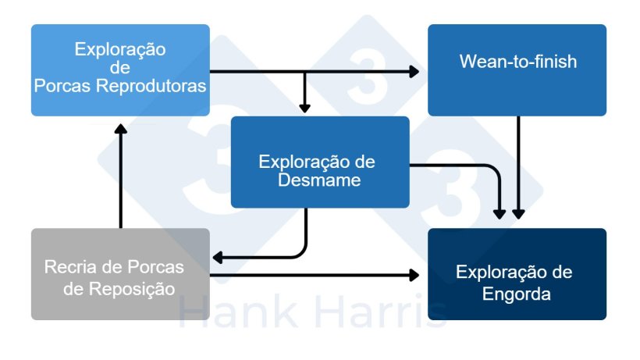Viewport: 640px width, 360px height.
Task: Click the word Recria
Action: [69, 267]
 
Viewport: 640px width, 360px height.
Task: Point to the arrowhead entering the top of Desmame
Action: [304, 108]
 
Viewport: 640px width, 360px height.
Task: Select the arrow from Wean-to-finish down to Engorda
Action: [518, 164]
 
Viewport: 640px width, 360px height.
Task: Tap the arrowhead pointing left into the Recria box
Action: [219, 256]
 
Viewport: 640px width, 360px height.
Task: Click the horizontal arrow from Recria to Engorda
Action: [312, 275]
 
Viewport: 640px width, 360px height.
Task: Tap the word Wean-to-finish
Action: [517, 61]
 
